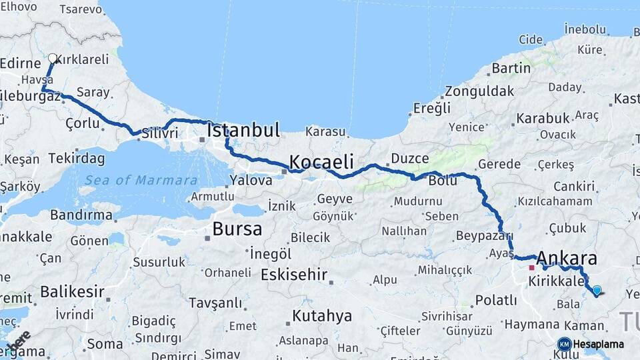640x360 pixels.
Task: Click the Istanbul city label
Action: tap(243, 131)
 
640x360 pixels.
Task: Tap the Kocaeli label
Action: tap(321, 162)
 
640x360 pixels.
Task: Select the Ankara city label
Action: tap(566, 259)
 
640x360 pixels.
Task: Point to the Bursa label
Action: tap(237, 229)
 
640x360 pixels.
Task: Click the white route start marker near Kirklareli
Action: tap(53, 59)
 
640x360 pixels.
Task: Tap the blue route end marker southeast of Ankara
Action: tap(597, 291)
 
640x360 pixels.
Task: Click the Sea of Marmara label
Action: tap(141, 180)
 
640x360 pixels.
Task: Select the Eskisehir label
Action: tap(294, 274)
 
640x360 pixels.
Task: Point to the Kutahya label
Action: tap(322, 315)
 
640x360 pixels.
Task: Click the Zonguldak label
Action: tap(479, 91)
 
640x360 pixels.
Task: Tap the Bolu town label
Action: tap(443, 181)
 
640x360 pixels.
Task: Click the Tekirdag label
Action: tap(77, 159)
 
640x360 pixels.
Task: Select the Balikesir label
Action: tap(72, 291)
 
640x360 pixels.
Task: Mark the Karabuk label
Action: tap(542, 118)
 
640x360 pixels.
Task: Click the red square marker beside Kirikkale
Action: tap(531, 268)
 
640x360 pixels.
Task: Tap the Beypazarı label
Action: tap(484, 235)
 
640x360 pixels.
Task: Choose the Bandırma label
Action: tap(81, 215)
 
